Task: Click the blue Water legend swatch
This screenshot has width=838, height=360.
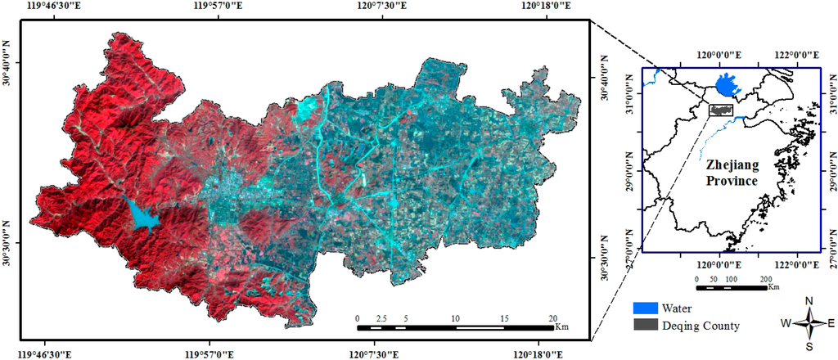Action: coord(646,308)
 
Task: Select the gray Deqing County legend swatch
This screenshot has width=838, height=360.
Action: coord(646,325)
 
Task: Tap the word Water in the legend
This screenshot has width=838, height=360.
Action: coord(678,308)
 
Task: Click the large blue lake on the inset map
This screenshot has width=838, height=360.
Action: coord(724,84)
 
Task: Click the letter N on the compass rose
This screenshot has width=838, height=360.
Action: coord(809,301)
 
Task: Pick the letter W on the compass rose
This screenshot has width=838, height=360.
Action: coord(786,323)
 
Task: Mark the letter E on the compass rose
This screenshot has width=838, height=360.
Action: coord(831,323)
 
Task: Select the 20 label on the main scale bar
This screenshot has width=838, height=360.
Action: coord(554,317)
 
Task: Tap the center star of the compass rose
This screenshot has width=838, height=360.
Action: coord(809,323)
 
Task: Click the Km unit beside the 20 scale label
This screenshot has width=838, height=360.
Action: coord(562,327)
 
